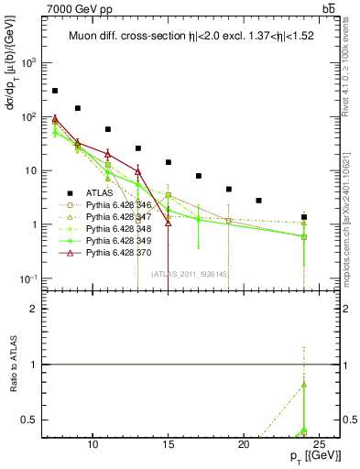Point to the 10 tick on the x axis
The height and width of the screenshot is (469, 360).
[93, 443]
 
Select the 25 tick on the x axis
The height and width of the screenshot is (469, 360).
[318, 443]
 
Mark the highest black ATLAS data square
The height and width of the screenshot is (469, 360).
[55, 91]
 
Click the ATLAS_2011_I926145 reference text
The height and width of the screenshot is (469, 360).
[190, 274]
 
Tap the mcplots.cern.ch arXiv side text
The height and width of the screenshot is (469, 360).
[352, 214]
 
